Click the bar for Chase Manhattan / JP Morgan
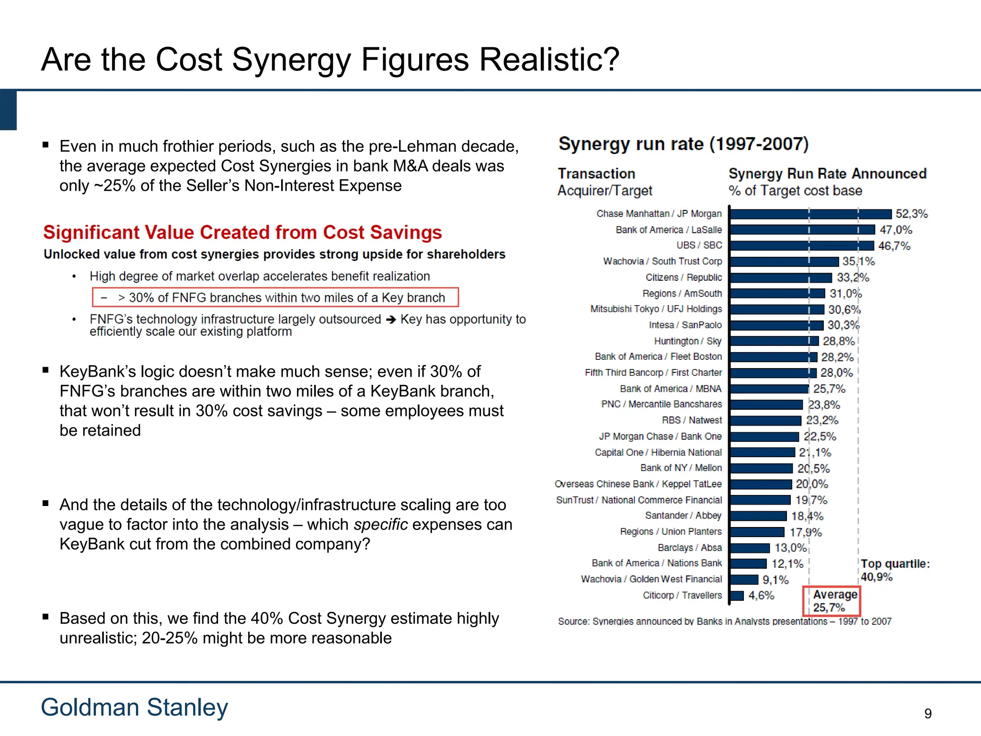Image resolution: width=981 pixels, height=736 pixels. pos(810,214)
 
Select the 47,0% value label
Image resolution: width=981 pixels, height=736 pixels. pos(896,230)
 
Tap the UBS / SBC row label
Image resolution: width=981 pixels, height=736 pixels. pos(699,245)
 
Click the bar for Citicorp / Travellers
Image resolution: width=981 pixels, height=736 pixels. pos(737,596)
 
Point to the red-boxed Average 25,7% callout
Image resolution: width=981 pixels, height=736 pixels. pos(832,601)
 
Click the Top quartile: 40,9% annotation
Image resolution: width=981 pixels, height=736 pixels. pos(894,570)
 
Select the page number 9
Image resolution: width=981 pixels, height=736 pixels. pos(928,713)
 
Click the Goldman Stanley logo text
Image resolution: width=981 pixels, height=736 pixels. pos(134,707)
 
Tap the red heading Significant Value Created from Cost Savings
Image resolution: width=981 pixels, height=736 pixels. pos(242,232)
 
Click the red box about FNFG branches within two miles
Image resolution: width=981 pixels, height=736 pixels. pos(275,298)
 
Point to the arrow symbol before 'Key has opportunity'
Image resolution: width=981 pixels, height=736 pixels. pos(391,320)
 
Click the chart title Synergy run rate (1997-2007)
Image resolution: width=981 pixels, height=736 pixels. pos(683,144)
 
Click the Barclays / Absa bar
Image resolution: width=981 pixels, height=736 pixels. pos(750,548)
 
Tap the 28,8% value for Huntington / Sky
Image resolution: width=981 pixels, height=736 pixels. pos(839,341)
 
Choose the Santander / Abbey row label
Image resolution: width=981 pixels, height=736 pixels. pos(683,516)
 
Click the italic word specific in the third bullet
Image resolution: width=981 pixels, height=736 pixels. pos(380,525)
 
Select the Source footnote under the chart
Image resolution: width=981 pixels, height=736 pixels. pos(724,621)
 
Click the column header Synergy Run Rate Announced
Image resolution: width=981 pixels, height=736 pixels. pos(827,173)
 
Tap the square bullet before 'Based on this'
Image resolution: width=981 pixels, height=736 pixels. pos(46,617)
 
